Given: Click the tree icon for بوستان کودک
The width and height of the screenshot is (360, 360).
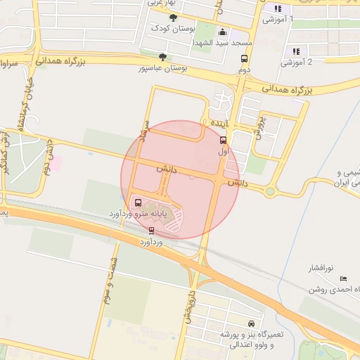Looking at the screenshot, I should coord(174,18).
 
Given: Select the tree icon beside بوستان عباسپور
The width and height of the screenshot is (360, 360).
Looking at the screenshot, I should coord(163,58).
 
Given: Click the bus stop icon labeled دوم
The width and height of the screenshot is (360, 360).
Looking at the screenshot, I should coord(244,59).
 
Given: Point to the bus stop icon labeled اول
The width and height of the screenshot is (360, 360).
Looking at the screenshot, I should coord(224,140).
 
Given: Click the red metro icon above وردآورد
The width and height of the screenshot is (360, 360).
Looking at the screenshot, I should coord(151,230).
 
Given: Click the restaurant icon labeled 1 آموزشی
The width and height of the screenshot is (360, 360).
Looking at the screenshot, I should coord(278,9).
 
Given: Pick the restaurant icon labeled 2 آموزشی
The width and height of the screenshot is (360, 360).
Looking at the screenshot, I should coord(296,51).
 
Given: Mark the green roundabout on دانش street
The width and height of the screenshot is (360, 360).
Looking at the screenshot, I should coord(269,191).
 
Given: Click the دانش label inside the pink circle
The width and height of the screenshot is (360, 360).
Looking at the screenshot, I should coord(167,169).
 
